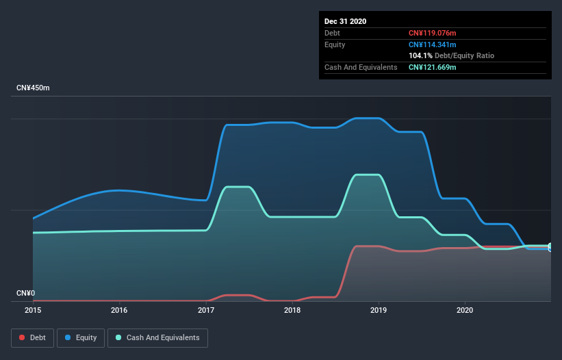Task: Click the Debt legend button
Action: (x=31, y=337)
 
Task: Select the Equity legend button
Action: (x=81, y=337)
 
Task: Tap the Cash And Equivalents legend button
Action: (x=157, y=337)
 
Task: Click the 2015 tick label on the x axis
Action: (x=33, y=310)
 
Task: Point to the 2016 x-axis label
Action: (x=119, y=310)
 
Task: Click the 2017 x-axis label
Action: (x=206, y=310)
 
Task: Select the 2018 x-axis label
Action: (x=292, y=310)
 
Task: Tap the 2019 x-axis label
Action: (x=379, y=310)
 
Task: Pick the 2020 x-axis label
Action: (x=465, y=310)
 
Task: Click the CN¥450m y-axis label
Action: (x=34, y=88)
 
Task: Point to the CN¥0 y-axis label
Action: (x=26, y=294)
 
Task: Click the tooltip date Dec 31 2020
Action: (x=346, y=21)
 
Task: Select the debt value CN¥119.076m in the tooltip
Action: (x=432, y=33)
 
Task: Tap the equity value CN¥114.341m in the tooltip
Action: (x=432, y=44)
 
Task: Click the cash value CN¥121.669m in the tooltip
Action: (x=432, y=67)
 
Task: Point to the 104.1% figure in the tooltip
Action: (x=421, y=55)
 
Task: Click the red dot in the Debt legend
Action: (x=22, y=337)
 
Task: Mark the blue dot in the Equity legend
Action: (x=68, y=337)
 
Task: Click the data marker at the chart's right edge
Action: (x=550, y=247)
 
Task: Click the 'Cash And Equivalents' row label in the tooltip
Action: (x=361, y=67)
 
